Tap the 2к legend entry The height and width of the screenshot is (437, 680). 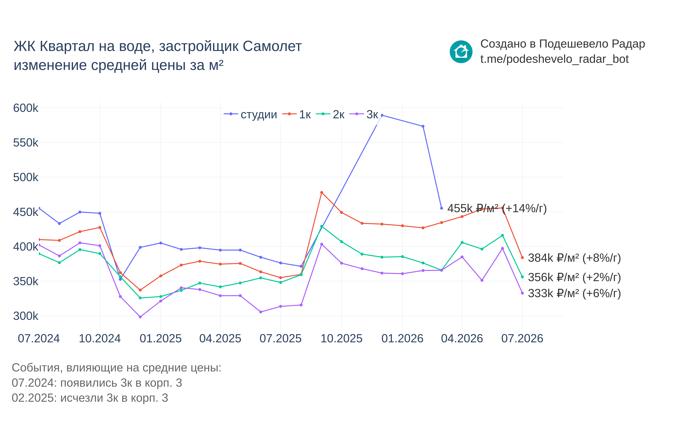click(x=330, y=114)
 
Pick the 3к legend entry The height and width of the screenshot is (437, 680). click(x=364, y=114)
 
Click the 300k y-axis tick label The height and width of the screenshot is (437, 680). click(x=26, y=316)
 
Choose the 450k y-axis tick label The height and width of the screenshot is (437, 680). click(x=26, y=212)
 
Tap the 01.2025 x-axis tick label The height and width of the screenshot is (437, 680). click(x=161, y=339)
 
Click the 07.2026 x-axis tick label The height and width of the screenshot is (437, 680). click(x=522, y=339)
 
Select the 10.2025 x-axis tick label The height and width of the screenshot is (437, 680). click(x=341, y=339)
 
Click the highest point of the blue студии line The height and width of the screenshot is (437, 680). click(x=382, y=115)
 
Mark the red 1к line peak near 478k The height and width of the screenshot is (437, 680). click(x=322, y=193)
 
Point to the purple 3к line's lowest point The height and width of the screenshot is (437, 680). click(x=140, y=317)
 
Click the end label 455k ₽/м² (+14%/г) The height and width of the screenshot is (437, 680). click(x=497, y=209)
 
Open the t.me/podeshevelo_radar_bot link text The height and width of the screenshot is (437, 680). click(x=555, y=59)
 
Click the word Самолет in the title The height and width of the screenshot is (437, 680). click(x=272, y=46)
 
